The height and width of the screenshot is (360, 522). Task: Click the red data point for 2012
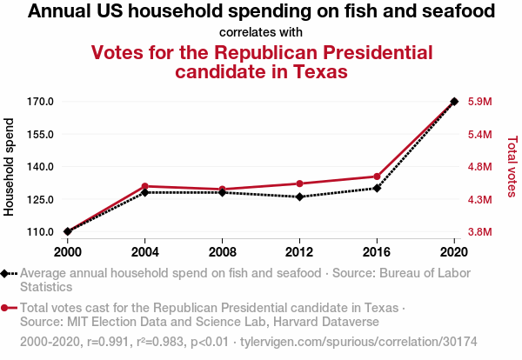pyautogui.click(x=299, y=183)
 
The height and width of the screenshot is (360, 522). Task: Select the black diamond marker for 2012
pyautogui.click(x=299, y=197)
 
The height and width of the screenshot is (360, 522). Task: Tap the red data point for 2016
pyautogui.click(x=377, y=177)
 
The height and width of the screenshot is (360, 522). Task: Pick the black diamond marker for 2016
pyautogui.click(x=377, y=188)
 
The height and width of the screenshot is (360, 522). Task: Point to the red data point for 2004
pyautogui.click(x=144, y=186)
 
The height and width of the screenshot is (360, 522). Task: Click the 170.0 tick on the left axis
pyautogui.click(x=41, y=102)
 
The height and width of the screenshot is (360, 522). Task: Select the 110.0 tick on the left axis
pyautogui.click(x=41, y=232)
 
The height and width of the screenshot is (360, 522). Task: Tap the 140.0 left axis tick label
pyautogui.click(x=41, y=167)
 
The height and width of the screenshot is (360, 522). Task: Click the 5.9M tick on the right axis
pyautogui.click(x=481, y=102)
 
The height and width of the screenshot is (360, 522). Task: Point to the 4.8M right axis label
pyautogui.click(x=481, y=167)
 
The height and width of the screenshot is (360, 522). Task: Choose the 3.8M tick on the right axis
pyautogui.click(x=481, y=232)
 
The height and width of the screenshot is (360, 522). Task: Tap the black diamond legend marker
pyautogui.click(x=8, y=273)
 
